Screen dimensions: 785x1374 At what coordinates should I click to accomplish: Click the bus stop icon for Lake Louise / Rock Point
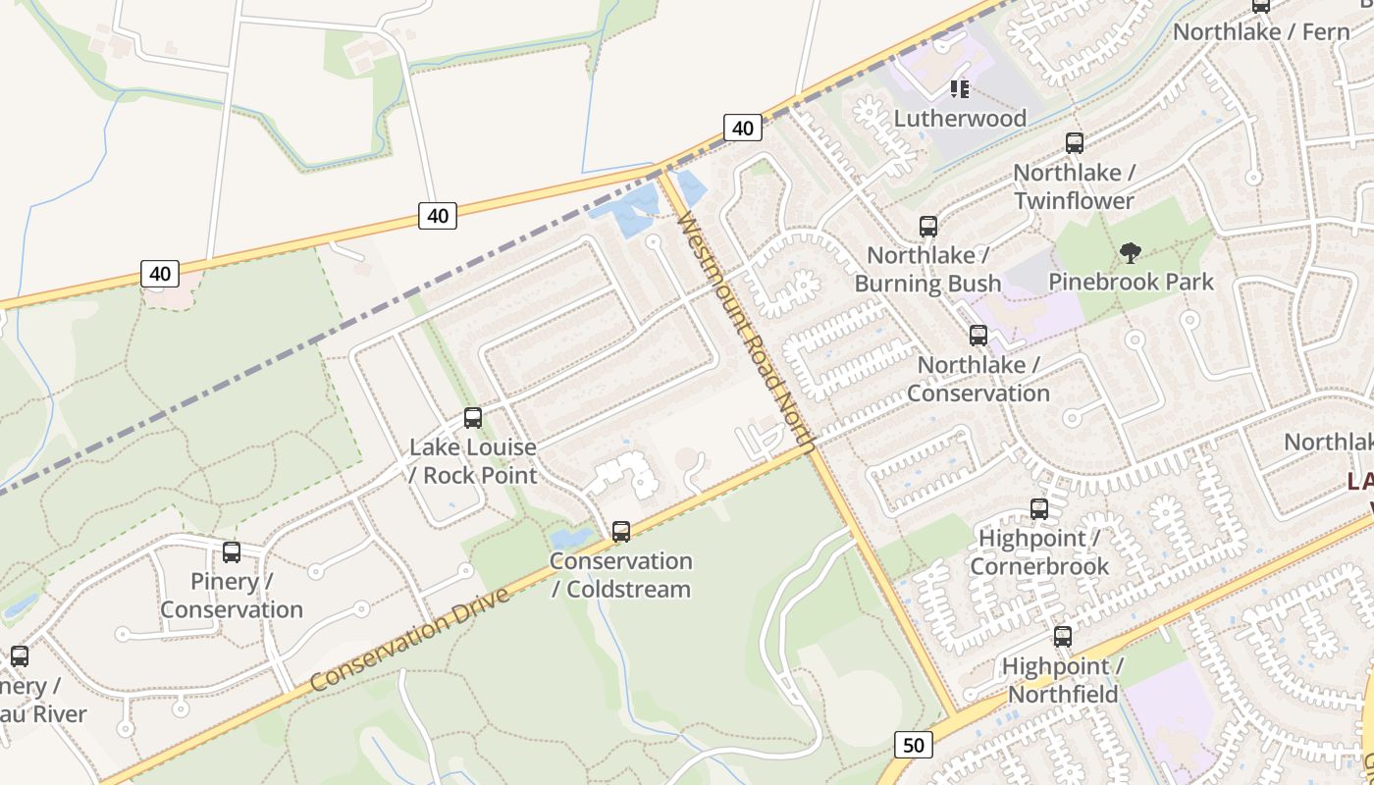[473, 418]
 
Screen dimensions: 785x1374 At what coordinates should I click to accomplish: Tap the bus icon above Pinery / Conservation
[232, 552]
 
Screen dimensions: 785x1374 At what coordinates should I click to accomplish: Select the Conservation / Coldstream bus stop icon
[621, 532]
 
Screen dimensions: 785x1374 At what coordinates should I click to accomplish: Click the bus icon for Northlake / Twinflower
[1075, 143]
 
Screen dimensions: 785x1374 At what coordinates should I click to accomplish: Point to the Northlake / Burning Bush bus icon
[928, 227]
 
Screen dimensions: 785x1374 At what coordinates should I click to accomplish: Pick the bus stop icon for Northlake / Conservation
[978, 336]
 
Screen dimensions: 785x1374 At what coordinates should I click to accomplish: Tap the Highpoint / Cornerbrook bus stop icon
[1039, 509]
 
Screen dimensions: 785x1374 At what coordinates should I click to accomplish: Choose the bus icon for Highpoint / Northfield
[1063, 637]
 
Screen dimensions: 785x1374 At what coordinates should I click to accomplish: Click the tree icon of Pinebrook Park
[1131, 253]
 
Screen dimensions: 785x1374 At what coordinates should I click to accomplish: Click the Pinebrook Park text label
[1131, 282]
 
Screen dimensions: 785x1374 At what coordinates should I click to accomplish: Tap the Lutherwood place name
[960, 119]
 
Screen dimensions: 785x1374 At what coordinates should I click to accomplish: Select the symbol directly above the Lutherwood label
[960, 90]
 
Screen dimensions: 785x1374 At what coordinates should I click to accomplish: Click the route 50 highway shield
[913, 745]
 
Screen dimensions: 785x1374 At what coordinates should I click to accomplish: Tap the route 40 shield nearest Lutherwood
[743, 128]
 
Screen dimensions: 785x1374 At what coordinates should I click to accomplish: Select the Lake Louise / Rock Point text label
[473, 461]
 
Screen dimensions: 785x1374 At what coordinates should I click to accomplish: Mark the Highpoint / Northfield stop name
[1063, 680]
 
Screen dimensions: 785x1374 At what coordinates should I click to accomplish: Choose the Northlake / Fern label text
[1261, 31]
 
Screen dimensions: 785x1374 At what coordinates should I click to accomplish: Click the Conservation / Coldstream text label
[621, 575]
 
